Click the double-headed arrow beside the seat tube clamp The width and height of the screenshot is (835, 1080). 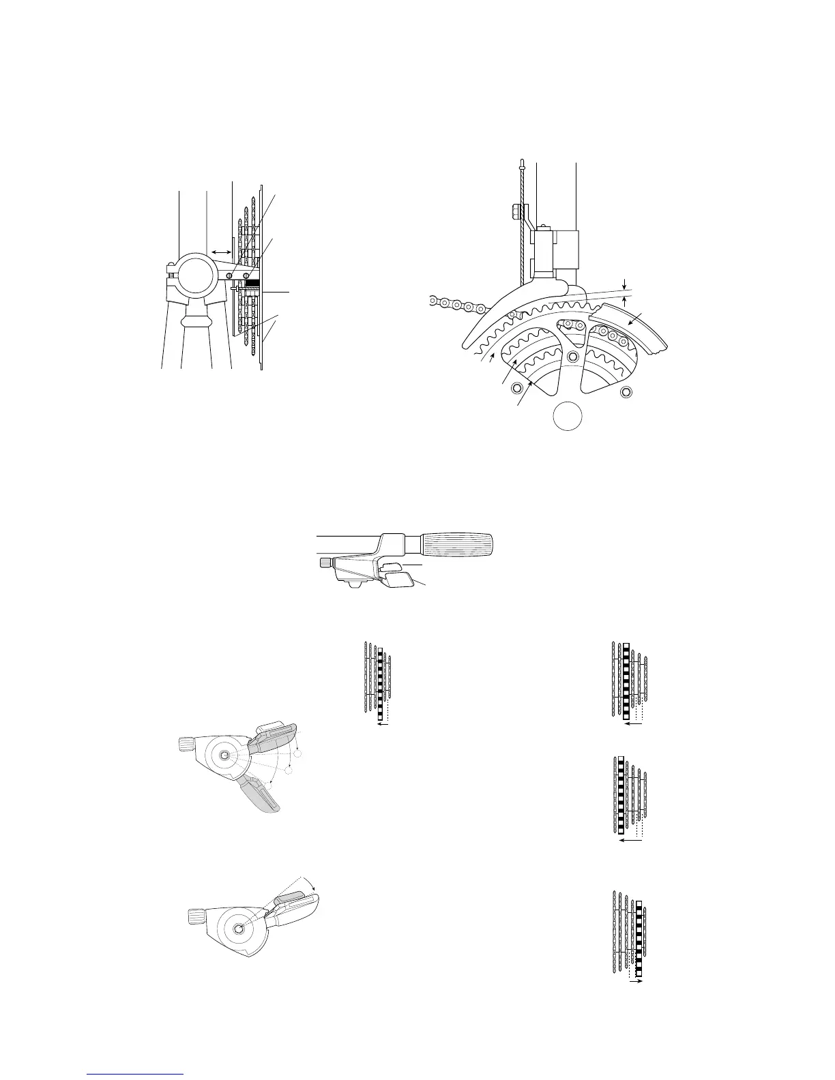pyautogui.click(x=220, y=252)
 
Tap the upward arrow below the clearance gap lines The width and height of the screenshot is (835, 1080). pyautogui.click(x=626, y=303)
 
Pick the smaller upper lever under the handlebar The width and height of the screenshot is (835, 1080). pyautogui.click(x=390, y=566)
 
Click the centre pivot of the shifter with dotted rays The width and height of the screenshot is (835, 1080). pyautogui.click(x=226, y=755)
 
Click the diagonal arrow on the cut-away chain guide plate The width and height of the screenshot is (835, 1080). pyautogui.click(x=634, y=318)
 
